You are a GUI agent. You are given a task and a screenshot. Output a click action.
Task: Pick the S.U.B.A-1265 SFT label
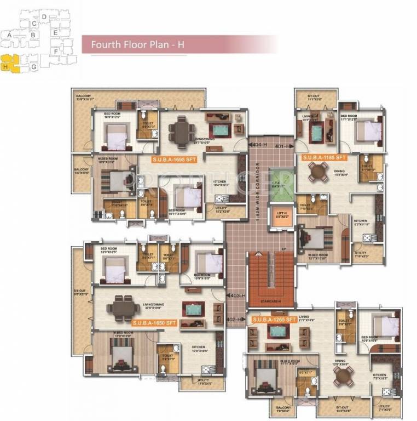click(x=274, y=318)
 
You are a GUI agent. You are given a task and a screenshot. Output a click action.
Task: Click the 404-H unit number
click(x=259, y=145)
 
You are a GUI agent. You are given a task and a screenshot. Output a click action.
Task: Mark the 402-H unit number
click(x=234, y=319)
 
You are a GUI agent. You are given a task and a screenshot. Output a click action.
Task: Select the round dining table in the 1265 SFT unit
click(x=343, y=376)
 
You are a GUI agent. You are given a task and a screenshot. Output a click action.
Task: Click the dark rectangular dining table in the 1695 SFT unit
click(x=179, y=130)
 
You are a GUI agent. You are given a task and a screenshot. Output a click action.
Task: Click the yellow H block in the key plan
click(x=11, y=64)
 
